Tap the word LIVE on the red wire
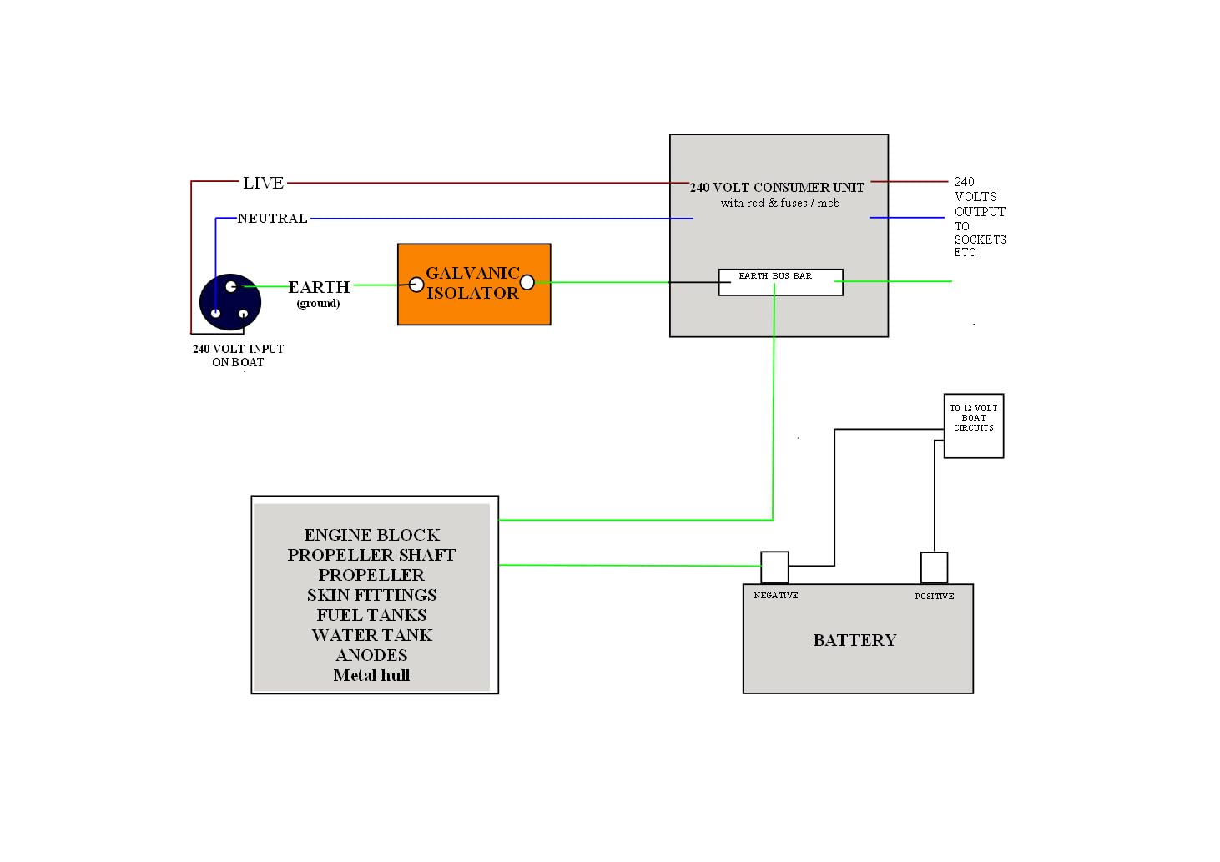(263, 183)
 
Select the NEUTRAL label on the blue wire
(272, 219)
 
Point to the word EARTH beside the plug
(319, 287)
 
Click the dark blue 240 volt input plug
(229, 301)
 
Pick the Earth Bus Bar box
(780, 282)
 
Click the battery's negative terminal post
(774, 567)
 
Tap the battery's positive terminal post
(934, 567)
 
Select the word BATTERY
(855, 640)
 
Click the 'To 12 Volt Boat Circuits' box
(973, 426)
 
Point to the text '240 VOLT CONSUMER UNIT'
(776, 188)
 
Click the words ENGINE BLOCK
(371, 535)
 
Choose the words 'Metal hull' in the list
(371, 675)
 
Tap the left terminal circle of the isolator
(416, 285)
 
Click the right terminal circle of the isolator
(527, 282)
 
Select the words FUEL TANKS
(371, 615)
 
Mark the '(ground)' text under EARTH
(318, 303)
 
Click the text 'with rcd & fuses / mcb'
(779, 203)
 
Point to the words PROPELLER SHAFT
(371, 555)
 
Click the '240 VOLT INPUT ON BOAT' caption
(238, 355)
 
